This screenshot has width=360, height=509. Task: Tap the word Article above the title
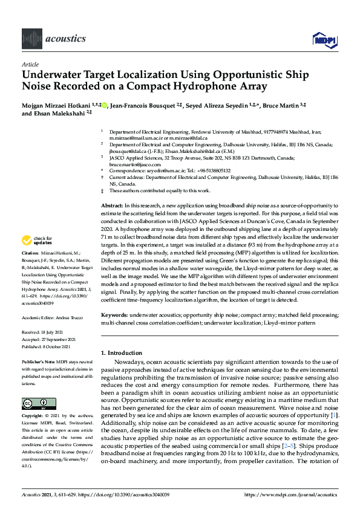(30, 63)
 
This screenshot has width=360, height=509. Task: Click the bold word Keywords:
(114, 316)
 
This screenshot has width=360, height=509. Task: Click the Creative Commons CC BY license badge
(34, 404)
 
